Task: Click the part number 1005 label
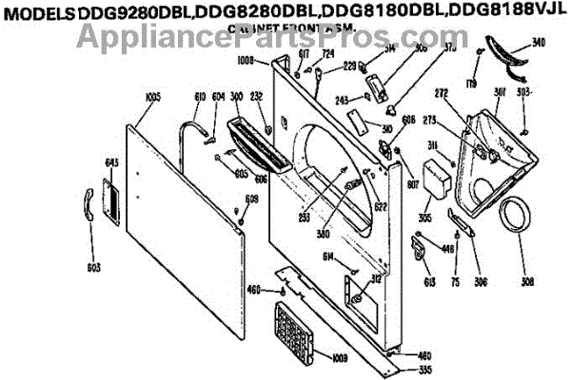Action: coord(152,97)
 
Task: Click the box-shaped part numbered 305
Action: coord(437,180)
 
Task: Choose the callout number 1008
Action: coord(246,61)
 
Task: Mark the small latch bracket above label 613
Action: coord(420,244)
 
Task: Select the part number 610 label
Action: coord(200,96)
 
